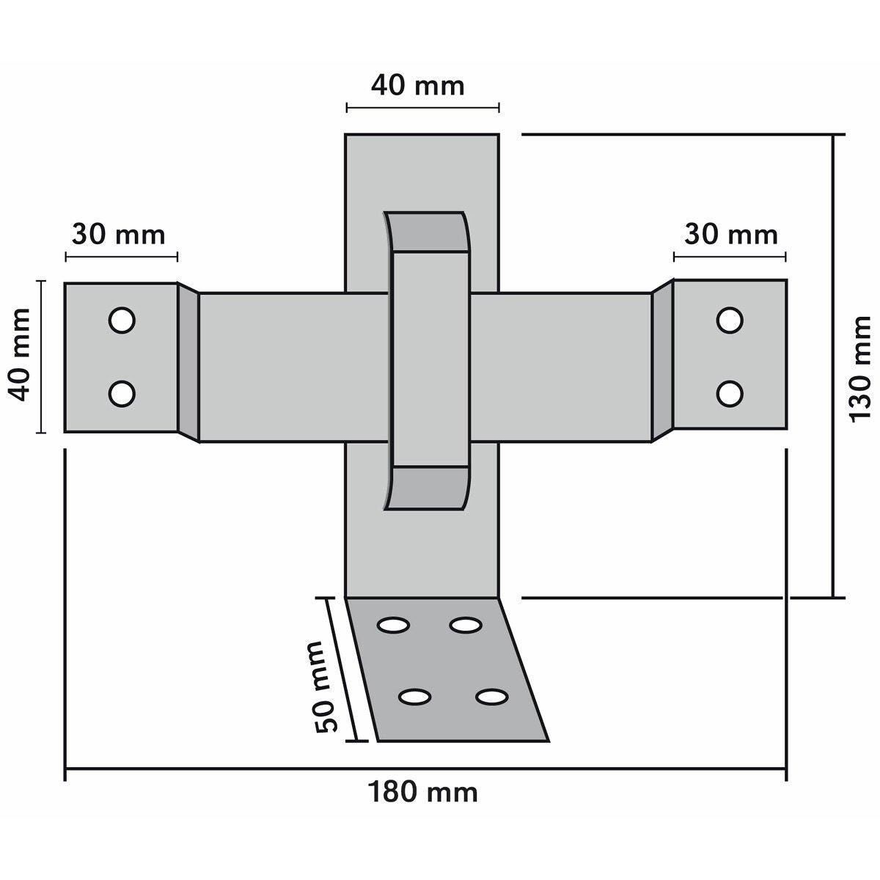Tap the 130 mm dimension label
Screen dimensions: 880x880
click(860, 369)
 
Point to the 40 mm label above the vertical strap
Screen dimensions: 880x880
click(417, 86)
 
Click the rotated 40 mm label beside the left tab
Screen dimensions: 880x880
click(20, 355)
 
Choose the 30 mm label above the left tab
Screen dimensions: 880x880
click(118, 235)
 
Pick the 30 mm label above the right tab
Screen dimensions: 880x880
click(730, 235)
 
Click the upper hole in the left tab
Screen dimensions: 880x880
click(122, 320)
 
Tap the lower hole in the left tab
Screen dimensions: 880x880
click(122, 394)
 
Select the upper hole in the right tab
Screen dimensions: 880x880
click(730, 320)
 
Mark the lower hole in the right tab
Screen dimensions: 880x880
click(730, 394)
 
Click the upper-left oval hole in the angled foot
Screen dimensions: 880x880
click(393, 626)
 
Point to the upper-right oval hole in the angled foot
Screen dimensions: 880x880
click(466, 626)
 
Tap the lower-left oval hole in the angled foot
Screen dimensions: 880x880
click(414, 697)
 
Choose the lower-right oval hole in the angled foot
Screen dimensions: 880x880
click(492, 697)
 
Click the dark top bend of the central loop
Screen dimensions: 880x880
click(428, 232)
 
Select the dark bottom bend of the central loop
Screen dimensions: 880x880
click(428, 488)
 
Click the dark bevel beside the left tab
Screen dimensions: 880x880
click(188, 362)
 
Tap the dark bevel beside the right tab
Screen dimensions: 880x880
click(662, 361)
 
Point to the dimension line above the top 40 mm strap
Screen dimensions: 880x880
click(423, 109)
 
